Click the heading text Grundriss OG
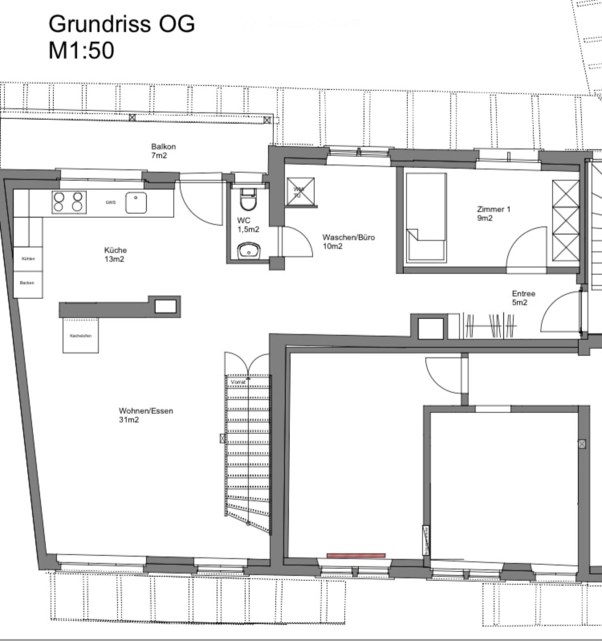[x=122, y=24]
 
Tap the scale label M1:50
[x=81, y=51]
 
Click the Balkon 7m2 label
[x=163, y=151]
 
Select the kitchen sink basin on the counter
[x=136, y=202]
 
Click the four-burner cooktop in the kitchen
[x=69, y=202]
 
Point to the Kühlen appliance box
[x=28, y=259]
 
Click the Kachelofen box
[x=81, y=336]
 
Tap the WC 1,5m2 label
[x=248, y=225]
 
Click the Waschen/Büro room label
[x=348, y=241]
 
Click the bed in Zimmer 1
[x=426, y=218]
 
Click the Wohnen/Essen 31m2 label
[x=146, y=415]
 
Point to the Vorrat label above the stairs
[x=238, y=382]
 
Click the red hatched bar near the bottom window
[x=356, y=555]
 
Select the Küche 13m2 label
[x=116, y=255]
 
